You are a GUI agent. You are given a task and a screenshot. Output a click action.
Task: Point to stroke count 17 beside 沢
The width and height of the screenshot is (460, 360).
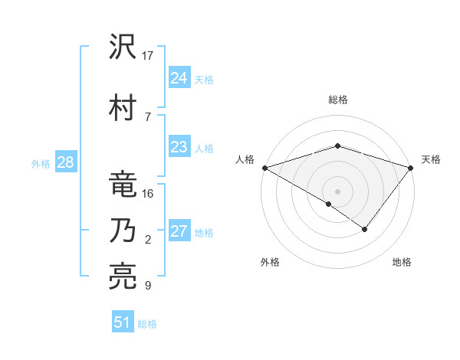tap(148, 56)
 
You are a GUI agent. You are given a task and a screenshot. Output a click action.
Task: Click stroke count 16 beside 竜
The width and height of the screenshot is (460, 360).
tap(148, 194)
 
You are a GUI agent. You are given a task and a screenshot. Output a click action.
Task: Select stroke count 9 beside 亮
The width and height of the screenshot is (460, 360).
tap(147, 286)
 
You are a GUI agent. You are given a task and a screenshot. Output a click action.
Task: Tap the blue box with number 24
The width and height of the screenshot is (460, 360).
tap(179, 77)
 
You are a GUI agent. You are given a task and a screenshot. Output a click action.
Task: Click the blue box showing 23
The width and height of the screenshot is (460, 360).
tap(179, 147)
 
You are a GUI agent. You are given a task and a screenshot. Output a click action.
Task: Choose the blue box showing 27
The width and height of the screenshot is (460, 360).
tap(179, 231)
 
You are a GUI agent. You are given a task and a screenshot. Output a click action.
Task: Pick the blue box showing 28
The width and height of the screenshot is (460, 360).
tap(64, 162)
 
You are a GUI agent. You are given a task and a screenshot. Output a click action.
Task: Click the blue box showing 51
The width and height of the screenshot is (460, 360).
tap(123, 322)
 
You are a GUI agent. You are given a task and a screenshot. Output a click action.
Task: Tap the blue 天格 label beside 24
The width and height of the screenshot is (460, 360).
tap(204, 79)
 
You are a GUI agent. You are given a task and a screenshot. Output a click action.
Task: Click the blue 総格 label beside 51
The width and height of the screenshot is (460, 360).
tap(147, 324)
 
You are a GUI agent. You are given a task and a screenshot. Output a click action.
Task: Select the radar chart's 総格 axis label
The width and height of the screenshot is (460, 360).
tap(337, 100)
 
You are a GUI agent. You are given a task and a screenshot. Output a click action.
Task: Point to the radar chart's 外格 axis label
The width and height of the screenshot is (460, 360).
tap(270, 262)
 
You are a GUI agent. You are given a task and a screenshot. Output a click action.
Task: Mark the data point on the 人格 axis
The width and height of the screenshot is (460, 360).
tap(264, 168)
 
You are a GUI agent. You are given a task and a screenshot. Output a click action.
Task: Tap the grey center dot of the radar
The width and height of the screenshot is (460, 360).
tap(337, 191)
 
